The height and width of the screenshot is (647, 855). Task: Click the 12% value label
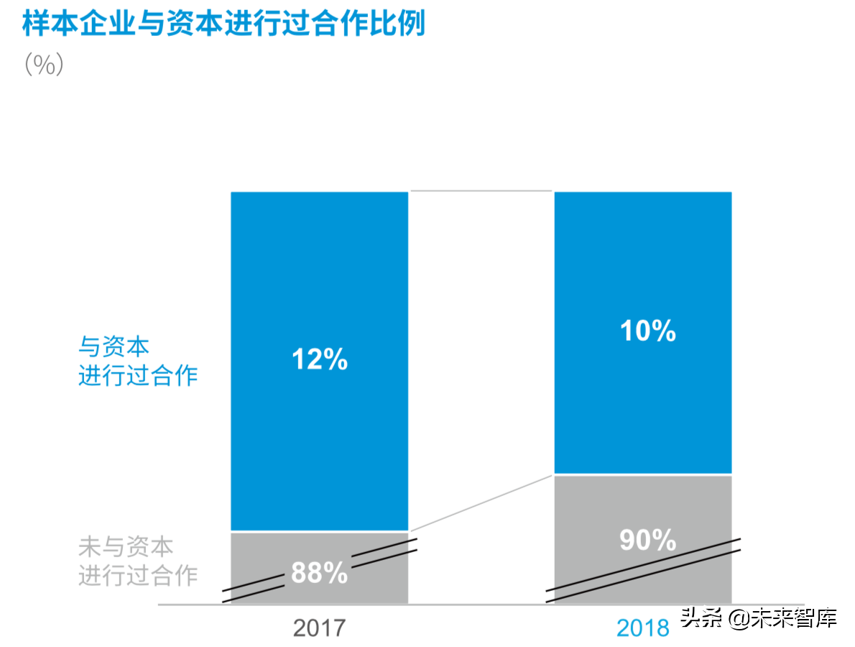319,359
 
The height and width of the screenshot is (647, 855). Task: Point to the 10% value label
647,331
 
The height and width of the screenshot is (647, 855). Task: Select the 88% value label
319,573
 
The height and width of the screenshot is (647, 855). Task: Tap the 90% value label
647,541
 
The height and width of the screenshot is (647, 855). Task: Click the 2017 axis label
319,628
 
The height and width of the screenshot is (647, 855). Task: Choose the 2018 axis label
642,628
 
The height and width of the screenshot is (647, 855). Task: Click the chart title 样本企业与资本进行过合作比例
223,24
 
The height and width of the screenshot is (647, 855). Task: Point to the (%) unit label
44,65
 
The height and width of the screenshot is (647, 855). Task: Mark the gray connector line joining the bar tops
481,191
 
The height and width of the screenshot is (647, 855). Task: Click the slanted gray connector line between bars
481,503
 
